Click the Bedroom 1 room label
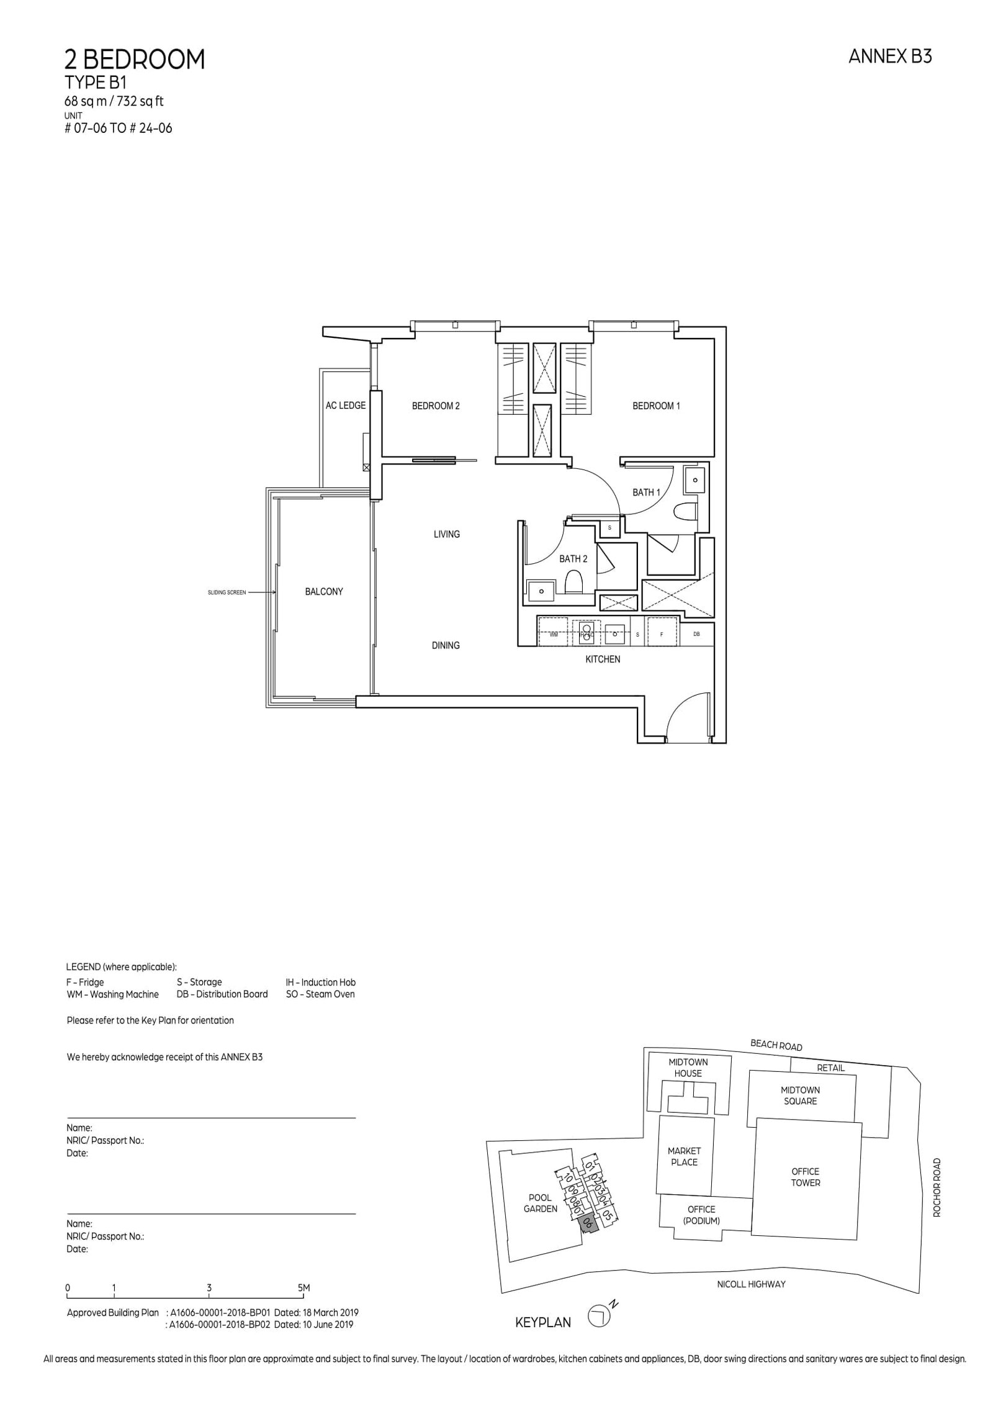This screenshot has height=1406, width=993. pyautogui.click(x=656, y=406)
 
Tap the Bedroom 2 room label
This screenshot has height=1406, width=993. pyautogui.click(x=436, y=406)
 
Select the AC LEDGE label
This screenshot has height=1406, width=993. pyautogui.click(x=346, y=406)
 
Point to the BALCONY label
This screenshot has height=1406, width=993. pyautogui.click(x=324, y=591)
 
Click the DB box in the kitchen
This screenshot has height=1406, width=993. pyautogui.click(x=696, y=633)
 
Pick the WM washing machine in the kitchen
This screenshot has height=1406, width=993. pyautogui.click(x=554, y=634)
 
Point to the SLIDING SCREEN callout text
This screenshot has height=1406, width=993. pyautogui.click(x=227, y=592)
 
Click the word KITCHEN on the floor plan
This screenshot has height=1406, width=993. pyautogui.click(x=603, y=659)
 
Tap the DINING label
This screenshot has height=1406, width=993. pyautogui.click(x=446, y=645)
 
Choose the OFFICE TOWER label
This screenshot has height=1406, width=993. pyautogui.click(x=805, y=1177)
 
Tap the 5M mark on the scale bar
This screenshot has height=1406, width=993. pyautogui.click(x=303, y=1287)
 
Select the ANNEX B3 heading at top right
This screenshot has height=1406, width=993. pyautogui.click(x=890, y=57)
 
